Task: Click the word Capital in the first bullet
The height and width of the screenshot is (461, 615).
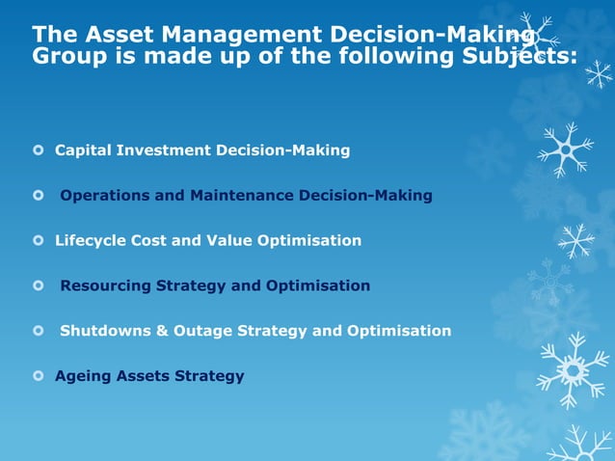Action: pos(83,150)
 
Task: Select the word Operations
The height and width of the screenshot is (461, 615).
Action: pos(105,196)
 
